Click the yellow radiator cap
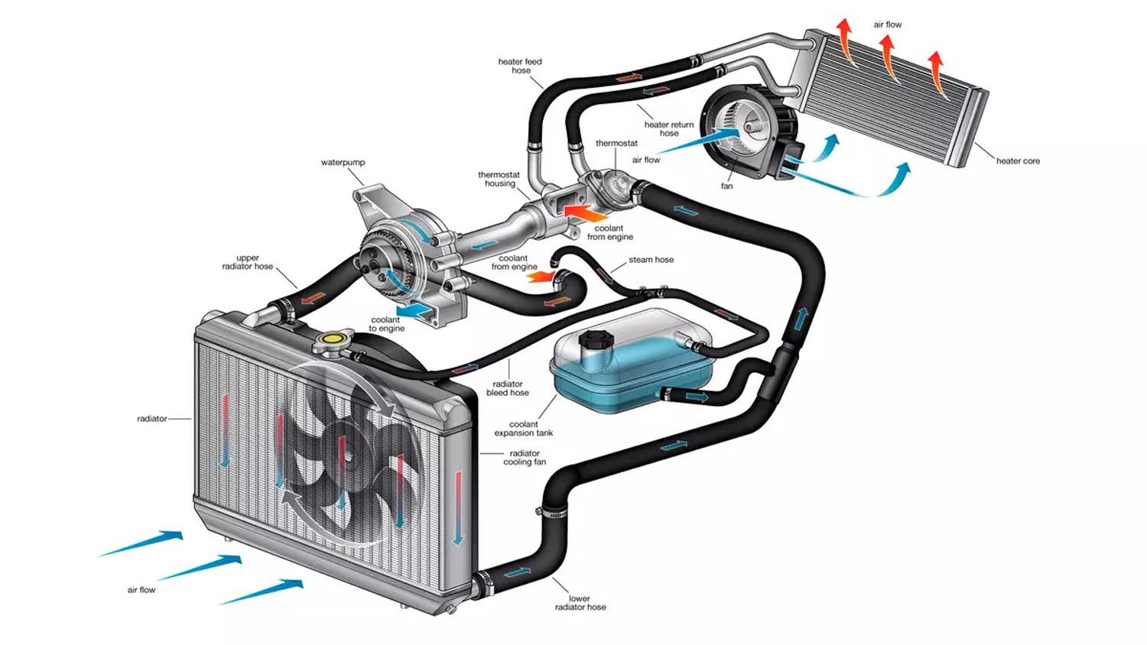[x=333, y=338]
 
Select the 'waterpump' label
[x=343, y=163]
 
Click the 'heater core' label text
[x=1017, y=161]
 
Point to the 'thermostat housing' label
[x=499, y=180]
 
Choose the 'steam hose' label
[x=651, y=260]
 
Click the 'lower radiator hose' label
[x=580, y=603]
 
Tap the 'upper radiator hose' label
[x=247, y=262]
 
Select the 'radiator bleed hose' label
[x=507, y=388]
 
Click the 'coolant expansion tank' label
[x=523, y=429]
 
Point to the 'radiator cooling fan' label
[x=525, y=458]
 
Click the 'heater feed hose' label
[x=520, y=66]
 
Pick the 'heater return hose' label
[x=668, y=128]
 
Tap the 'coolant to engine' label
[x=386, y=324]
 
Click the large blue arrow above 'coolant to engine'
[x=414, y=310]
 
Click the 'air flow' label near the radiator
[x=141, y=590]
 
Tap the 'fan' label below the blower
[x=726, y=186]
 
